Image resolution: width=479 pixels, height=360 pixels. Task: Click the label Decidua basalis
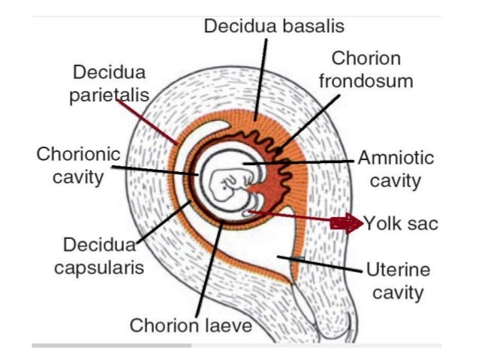click(x=274, y=26)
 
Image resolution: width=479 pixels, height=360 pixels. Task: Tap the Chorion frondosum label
click(x=366, y=69)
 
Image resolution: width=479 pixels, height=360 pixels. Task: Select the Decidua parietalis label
click(x=110, y=85)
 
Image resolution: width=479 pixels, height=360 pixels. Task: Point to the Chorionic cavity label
click(x=79, y=165)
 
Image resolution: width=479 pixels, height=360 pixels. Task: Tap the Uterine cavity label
click(x=398, y=281)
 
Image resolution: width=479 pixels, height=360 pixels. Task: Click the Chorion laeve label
click(x=191, y=326)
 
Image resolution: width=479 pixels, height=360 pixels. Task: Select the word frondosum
click(x=366, y=80)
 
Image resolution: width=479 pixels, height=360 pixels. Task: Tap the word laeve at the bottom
click(x=226, y=326)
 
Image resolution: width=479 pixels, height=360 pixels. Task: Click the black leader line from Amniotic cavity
click(x=300, y=162)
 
